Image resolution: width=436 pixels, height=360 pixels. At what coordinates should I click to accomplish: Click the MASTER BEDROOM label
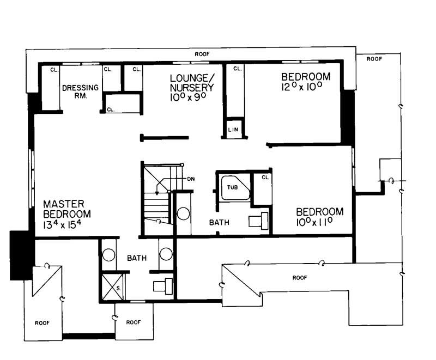coord(66,209)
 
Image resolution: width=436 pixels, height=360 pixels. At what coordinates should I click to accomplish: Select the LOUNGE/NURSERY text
coord(191,82)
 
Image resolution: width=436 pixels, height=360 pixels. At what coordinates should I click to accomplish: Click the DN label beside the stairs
coord(191,179)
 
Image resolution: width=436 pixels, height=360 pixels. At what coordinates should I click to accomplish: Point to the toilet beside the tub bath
coord(257,221)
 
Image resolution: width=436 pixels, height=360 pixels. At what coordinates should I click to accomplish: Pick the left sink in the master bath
coord(108,255)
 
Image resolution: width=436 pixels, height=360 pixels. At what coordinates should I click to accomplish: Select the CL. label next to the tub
coord(265,177)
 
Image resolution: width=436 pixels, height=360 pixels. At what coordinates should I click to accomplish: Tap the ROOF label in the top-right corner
coord(374,58)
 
